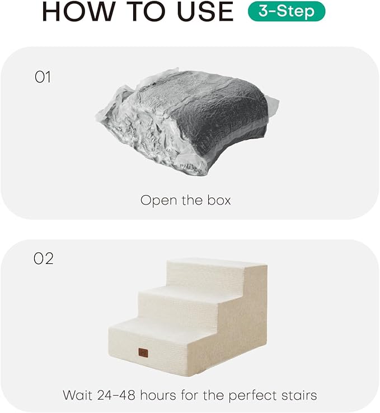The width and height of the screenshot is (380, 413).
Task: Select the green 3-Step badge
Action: coord(286,11)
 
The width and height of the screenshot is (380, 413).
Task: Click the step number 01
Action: coord(43,77)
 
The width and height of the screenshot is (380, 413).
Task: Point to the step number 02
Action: coord(44,259)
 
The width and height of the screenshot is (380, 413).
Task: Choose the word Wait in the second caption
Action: coord(76,395)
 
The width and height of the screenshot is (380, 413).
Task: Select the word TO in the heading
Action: coord(138,12)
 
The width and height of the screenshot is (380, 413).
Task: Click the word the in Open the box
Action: coord(191,200)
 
